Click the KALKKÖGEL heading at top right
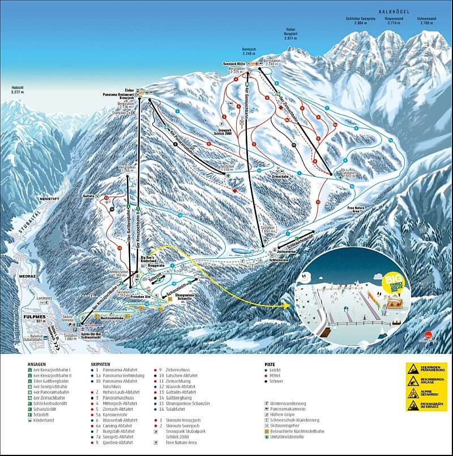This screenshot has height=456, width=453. click(395, 10)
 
